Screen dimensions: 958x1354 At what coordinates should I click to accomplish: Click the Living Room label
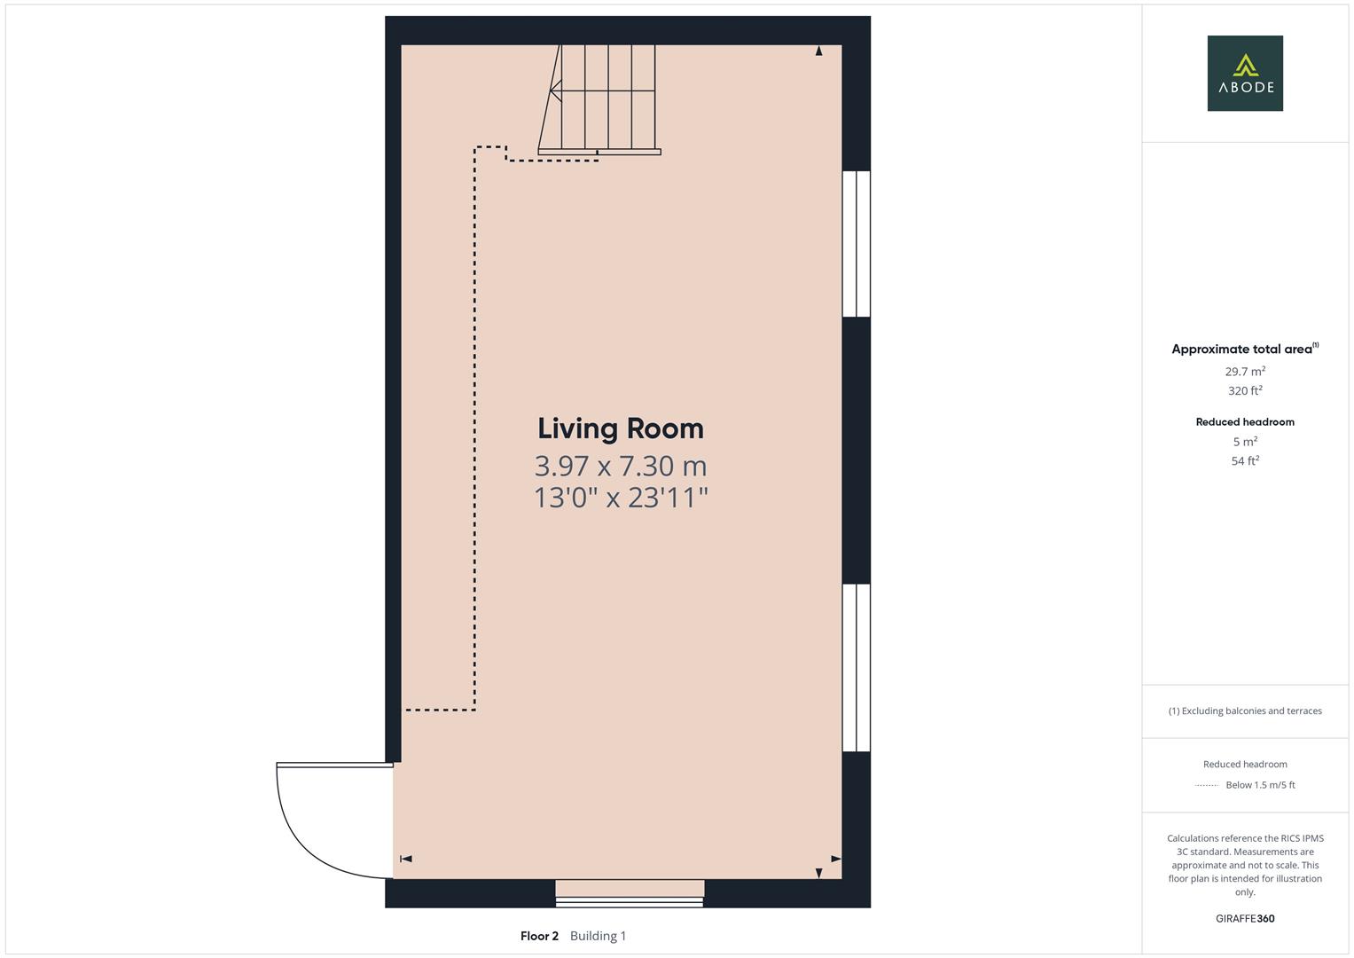[620, 428]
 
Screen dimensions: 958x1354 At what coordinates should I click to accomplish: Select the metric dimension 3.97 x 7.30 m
[620, 465]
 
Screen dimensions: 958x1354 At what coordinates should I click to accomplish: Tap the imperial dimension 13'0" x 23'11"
[620, 497]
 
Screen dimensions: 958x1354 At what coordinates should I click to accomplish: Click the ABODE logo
[1244, 74]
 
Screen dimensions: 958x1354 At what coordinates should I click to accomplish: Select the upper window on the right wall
[856, 244]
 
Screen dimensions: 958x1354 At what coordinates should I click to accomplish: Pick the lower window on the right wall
[856, 667]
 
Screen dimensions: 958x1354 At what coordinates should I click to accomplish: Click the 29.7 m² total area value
[1245, 372]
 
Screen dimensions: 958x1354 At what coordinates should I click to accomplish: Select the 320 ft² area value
[1245, 390]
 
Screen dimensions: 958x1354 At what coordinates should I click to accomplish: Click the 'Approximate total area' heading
[1241, 349]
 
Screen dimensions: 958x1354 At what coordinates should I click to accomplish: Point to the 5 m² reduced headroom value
[1245, 442]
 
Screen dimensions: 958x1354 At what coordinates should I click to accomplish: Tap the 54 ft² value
[1245, 460]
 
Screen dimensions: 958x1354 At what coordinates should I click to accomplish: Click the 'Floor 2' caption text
[539, 936]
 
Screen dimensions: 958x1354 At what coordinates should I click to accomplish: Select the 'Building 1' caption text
[598, 936]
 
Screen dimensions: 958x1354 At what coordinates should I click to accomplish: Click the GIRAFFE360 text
[1245, 918]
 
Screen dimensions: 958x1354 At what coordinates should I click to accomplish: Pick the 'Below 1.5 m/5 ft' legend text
[1260, 785]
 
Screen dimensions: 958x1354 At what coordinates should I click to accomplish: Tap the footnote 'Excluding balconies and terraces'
[1250, 711]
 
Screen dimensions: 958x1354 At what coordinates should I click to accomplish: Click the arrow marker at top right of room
[818, 51]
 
